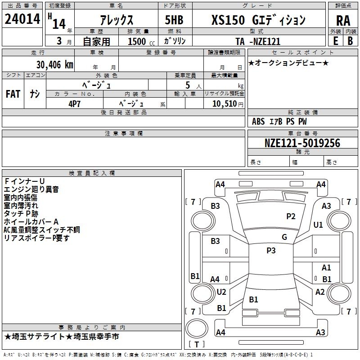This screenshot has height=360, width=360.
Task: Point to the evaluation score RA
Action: pyautogui.click(x=343, y=20)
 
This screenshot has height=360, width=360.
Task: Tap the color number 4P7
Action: pyautogui.click(x=75, y=103)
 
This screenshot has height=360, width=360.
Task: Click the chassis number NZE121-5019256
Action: pyautogui.click(x=302, y=143)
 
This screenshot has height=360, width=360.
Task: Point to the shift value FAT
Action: pyautogui.click(x=13, y=94)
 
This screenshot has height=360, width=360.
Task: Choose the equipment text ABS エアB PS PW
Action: pyautogui.click(x=280, y=121)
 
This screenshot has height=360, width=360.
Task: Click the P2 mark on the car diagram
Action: pyautogui.click(x=291, y=216)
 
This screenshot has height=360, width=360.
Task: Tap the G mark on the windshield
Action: pyautogui.click(x=284, y=237)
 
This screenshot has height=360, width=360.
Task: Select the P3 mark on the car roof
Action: pyautogui.click(x=271, y=251)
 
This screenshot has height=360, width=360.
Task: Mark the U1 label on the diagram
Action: pyautogui.click(x=318, y=225)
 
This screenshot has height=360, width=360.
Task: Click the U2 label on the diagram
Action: pyautogui.click(x=221, y=292)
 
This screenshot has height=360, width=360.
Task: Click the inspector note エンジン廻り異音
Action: pyautogui.click(x=31, y=189)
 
